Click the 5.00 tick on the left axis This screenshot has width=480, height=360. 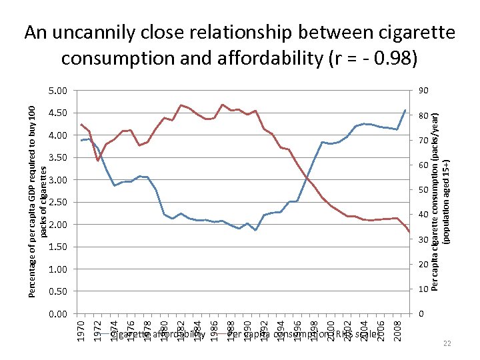59,91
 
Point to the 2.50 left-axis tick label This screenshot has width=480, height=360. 59,202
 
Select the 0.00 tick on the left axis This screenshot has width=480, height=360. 59,314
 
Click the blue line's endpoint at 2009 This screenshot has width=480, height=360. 405,110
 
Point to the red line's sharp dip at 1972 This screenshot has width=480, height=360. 98,161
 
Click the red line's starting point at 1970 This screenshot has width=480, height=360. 81,125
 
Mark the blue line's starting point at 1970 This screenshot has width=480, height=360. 81,140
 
